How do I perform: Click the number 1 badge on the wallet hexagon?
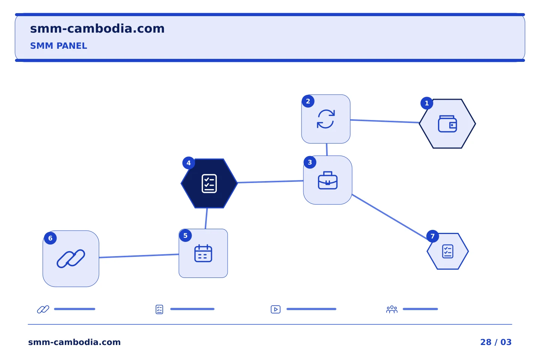click(427, 103)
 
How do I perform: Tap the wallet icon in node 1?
click(447, 124)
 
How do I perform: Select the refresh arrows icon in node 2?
click(325, 119)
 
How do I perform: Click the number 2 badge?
click(308, 101)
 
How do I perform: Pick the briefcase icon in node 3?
click(328, 180)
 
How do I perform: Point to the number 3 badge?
click(310, 162)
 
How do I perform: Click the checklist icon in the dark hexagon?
click(209, 183)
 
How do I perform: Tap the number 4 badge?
click(189, 163)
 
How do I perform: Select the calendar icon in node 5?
click(203, 253)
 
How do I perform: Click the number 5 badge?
click(185, 235)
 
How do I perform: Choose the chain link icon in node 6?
click(71, 258)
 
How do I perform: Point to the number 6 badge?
click(50, 238)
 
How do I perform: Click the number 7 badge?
click(432, 236)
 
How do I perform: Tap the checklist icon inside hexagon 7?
click(448, 251)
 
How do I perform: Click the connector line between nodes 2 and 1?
click(385, 121)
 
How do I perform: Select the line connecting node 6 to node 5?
click(139, 256)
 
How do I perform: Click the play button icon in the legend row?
click(276, 309)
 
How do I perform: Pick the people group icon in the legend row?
click(392, 309)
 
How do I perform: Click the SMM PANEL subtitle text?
click(58, 46)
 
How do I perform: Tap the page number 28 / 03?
click(496, 342)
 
